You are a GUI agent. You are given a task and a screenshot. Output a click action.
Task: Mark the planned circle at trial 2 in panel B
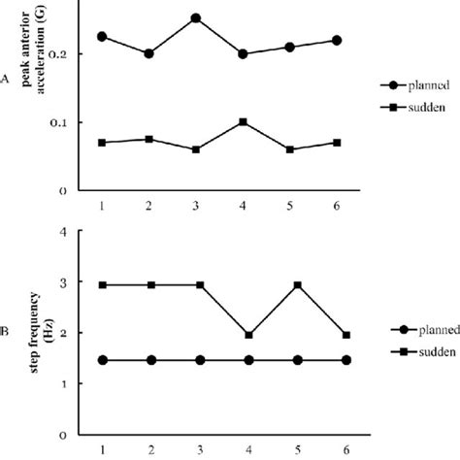click(x=148, y=360)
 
